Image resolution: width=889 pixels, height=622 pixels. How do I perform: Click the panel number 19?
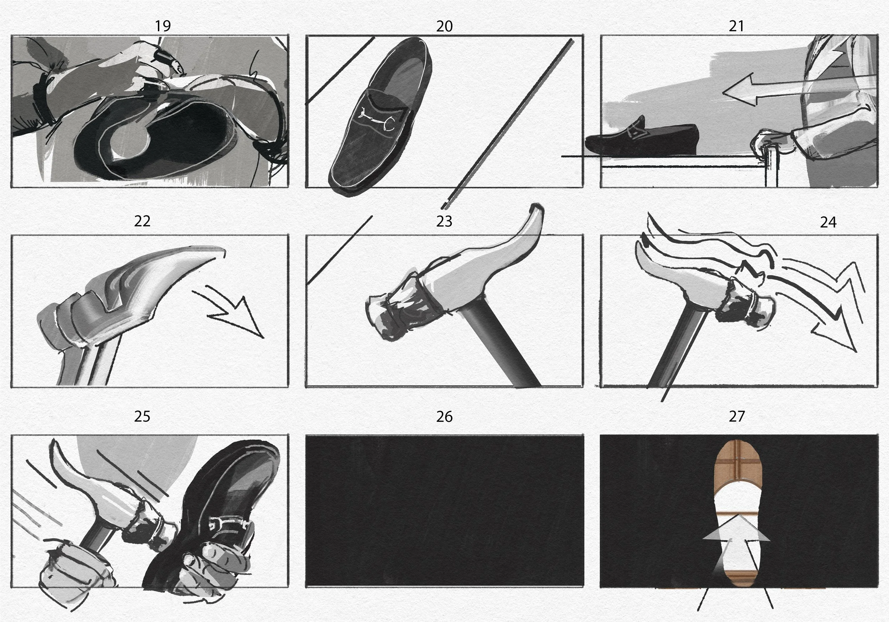coord(163,26)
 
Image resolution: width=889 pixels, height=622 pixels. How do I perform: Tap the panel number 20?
coord(444,26)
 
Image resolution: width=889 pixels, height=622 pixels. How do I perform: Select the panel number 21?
coord(736,26)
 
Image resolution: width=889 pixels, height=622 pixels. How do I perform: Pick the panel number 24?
coord(828,222)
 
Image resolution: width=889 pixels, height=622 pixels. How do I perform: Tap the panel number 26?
coord(444,417)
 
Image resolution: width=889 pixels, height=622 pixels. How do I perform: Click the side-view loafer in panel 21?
coord(642,139)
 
